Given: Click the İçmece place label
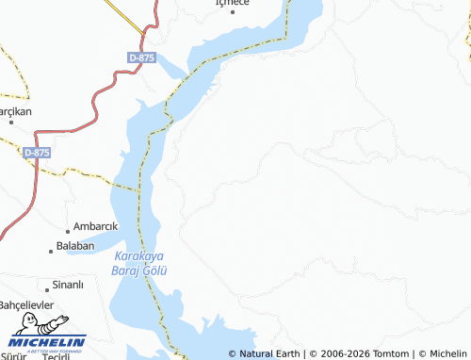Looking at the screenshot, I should point(234,4).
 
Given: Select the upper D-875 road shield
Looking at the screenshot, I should point(141,57).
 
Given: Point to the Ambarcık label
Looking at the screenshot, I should point(96,226).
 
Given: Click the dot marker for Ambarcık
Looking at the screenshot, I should point(69,230).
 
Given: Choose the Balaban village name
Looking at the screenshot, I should point(75,246).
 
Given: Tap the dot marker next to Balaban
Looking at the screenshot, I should point(51,250).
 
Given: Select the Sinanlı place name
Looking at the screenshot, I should point(69,285).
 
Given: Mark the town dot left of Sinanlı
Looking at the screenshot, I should point(46,288).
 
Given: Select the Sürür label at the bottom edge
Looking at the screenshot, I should point(14,356).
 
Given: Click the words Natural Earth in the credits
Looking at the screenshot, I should point(269,353).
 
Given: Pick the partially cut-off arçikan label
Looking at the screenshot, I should point(16,111).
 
